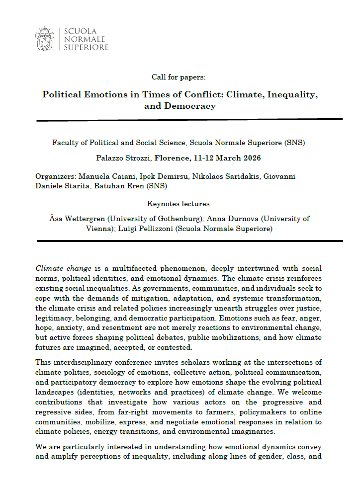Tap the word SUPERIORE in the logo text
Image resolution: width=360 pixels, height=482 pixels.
click(86, 47)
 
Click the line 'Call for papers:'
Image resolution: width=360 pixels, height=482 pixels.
click(179, 77)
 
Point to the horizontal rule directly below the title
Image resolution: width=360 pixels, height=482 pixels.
click(189, 120)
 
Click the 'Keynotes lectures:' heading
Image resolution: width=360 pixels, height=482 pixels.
click(180, 203)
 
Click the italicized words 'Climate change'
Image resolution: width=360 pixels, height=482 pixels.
click(63, 268)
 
